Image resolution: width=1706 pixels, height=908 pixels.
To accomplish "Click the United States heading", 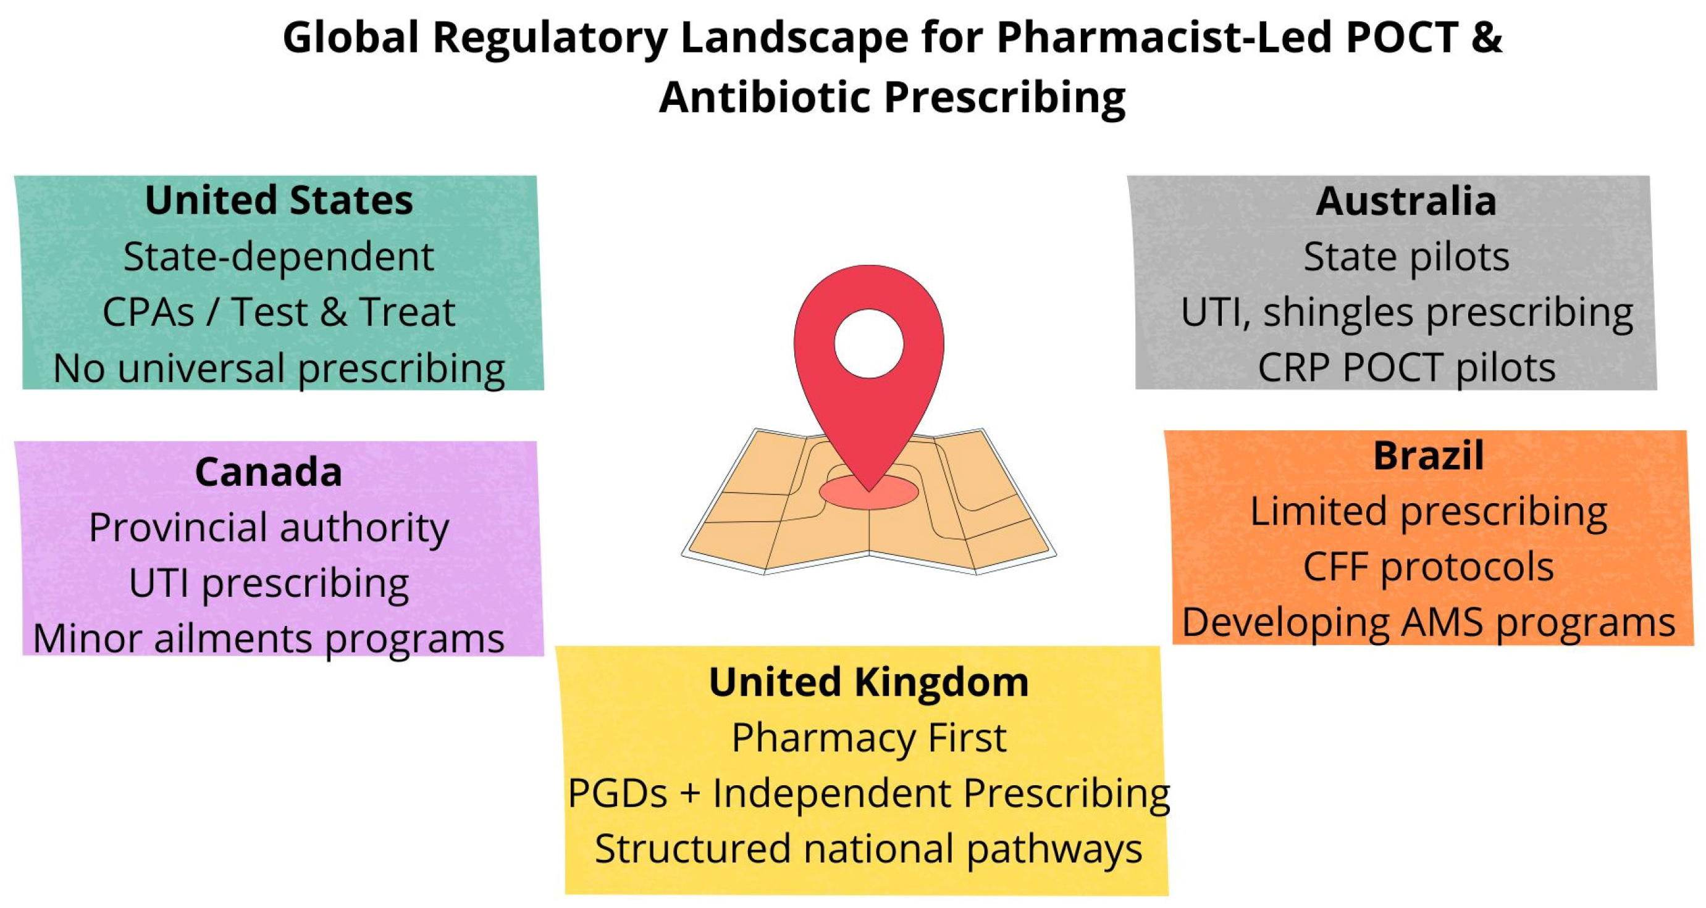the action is (279, 201).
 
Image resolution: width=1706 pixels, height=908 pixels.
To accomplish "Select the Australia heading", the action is (1406, 201).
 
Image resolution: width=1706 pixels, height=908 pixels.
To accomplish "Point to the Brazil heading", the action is (1429, 456).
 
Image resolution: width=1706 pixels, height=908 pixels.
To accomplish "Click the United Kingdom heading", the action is (868, 681).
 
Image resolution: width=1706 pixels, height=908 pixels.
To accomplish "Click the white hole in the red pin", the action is (868, 343).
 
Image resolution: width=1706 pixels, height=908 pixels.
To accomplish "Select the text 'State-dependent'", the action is (279, 257).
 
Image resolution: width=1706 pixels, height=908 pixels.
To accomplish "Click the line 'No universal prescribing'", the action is (279, 368).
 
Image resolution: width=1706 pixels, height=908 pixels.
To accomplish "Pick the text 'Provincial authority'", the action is (268, 528).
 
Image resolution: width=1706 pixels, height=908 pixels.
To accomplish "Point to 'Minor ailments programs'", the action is (268, 639).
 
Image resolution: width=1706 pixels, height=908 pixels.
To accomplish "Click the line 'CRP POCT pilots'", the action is (1406, 368).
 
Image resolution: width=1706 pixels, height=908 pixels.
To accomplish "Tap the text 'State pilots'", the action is (1406, 257).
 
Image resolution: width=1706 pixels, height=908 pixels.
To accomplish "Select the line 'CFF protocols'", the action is (1429, 567).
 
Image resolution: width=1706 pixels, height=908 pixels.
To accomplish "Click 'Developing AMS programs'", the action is (1429, 623).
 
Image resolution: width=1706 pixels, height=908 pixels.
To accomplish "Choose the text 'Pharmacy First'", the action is (868, 737).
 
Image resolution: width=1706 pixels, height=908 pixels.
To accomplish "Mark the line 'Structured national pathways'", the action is (868, 849).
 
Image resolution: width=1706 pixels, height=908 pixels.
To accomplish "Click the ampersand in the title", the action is (1486, 37).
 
